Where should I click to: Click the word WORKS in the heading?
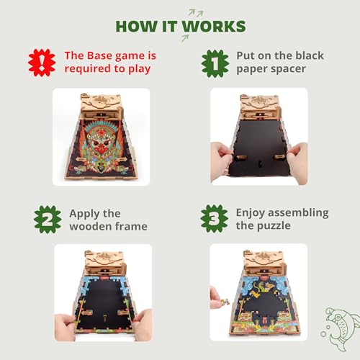pos(214,27)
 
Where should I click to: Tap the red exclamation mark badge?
pos(42,63)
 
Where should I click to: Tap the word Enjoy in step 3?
pos(253,212)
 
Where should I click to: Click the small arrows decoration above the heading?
pos(193,12)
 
